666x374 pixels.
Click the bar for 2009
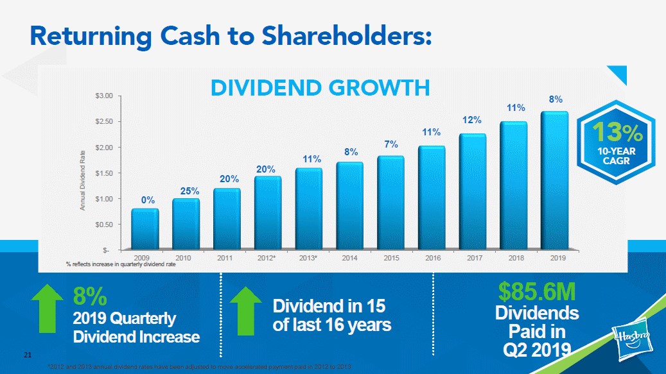point(145,228)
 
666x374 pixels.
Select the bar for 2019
point(555,180)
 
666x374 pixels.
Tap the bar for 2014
point(350,205)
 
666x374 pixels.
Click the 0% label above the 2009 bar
point(148,200)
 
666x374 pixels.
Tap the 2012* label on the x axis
point(267,257)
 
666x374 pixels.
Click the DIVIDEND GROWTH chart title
point(320,87)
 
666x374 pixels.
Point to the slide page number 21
point(27,353)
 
